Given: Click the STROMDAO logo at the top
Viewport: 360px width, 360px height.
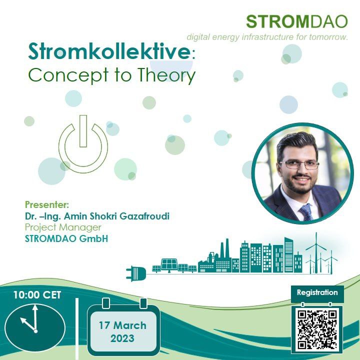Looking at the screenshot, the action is pyautogui.click(x=297, y=22).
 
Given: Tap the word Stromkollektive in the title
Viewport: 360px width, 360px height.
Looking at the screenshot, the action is pyautogui.click(x=109, y=51).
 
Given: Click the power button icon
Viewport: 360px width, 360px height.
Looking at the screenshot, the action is pyautogui.click(x=83, y=144).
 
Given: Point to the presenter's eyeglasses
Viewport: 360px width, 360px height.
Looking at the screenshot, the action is pyautogui.click(x=299, y=164).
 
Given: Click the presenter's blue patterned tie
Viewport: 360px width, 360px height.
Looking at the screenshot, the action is pyautogui.click(x=306, y=212).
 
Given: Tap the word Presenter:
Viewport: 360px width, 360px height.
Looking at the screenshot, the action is pyautogui.click(x=47, y=204).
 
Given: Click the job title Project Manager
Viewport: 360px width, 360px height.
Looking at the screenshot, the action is pyautogui.click(x=63, y=227).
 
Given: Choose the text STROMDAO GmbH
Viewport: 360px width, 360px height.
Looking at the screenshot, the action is pyautogui.click(x=66, y=238).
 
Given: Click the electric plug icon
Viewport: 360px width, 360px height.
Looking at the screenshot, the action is pyautogui.click(x=136, y=273).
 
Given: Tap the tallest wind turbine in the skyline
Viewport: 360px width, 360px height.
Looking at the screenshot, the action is pyautogui.click(x=316, y=252).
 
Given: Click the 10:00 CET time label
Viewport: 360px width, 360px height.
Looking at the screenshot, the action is pyautogui.click(x=37, y=295).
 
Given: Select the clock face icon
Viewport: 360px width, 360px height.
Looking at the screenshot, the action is pyautogui.click(x=35, y=327).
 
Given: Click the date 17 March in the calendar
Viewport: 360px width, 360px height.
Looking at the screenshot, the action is pyautogui.click(x=122, y=325).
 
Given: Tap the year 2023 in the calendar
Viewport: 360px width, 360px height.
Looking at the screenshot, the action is pyautogui.click(x=122, y=338).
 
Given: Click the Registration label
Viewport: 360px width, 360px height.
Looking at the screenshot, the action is pyautogui.click(x=317, y=292).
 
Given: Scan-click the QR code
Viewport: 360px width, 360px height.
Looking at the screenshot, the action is pyautogui.click(x=317, y=329).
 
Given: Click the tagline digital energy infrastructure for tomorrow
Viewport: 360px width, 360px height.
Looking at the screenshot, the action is pyautogui.click(x=267, y=37).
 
